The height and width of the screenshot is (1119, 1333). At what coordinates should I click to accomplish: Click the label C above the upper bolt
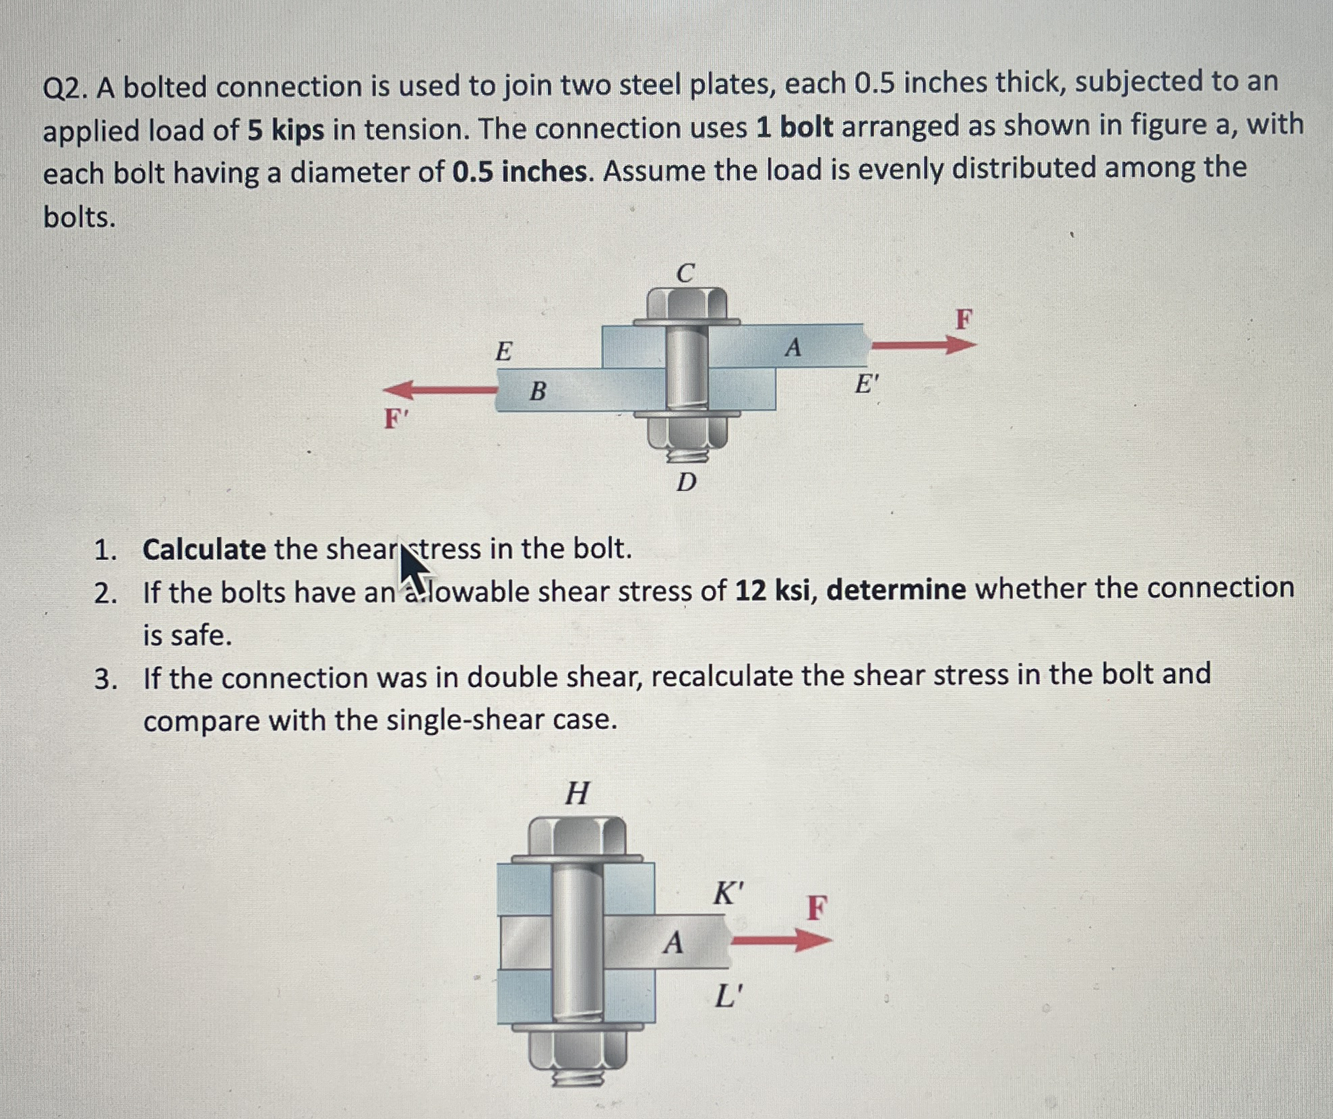pos(685,273)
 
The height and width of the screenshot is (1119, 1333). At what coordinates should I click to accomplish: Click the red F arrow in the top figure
pos(923,345)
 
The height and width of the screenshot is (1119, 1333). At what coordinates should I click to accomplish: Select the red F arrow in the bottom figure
pos(781,940)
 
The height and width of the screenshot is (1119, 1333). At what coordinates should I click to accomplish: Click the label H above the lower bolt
pos(577,793)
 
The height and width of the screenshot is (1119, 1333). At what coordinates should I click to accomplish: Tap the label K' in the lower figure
pos(728,894)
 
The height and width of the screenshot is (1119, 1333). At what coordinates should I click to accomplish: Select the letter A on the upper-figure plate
pos(793,348)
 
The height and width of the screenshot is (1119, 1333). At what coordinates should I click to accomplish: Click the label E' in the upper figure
pos(867,385)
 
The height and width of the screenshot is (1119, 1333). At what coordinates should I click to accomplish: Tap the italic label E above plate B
pos(503,352)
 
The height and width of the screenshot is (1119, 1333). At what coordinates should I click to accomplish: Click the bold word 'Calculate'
pos(204,550)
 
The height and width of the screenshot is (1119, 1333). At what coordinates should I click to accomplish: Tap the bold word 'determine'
pos(896,589)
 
